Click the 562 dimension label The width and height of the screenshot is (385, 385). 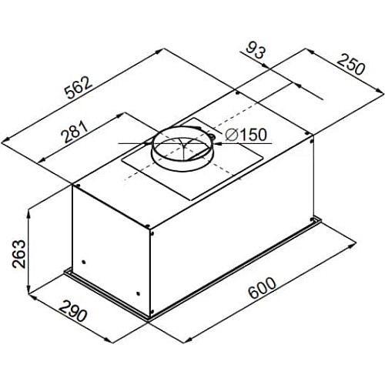pos(78,88)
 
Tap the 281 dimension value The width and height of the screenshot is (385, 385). pos(75,132)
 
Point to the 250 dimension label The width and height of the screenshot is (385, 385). pos(351,65)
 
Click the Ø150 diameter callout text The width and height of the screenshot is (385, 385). pos(246,134)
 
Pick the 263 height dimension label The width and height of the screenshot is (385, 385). pos(19,254)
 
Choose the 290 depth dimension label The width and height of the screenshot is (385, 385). pos(73,311)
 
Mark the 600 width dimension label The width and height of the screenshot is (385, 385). pos(263,288)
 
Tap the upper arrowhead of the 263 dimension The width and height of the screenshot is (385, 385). pos(29,213)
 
